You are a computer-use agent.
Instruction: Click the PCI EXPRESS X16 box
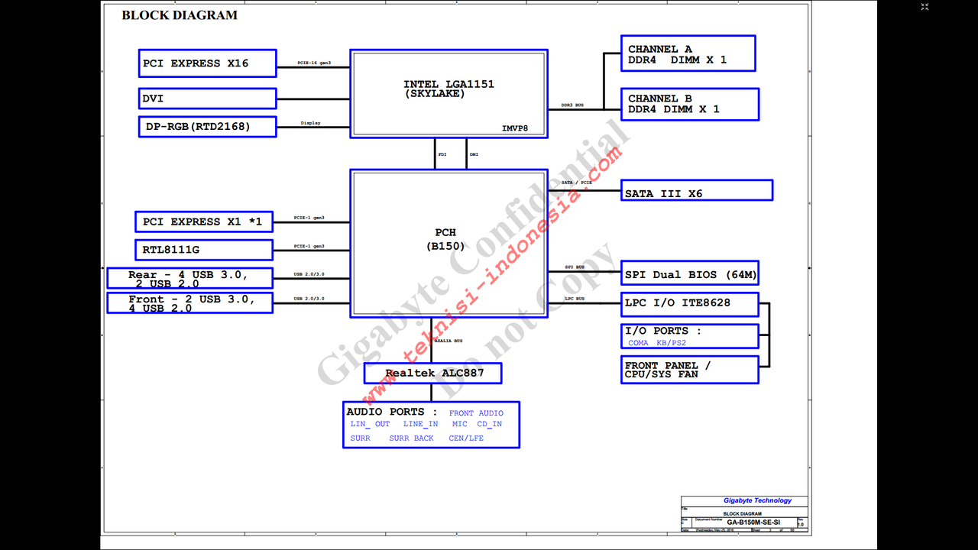[207, 63]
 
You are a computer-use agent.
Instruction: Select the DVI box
[207, 99]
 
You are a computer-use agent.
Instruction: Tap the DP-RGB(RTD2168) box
[207, 126]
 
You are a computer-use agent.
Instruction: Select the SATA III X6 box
[696, 191]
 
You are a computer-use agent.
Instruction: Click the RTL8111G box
[203, 250]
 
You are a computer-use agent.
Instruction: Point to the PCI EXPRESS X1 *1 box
[203, 222]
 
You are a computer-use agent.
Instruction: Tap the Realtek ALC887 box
[433, 374]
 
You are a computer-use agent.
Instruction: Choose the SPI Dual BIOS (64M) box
[690, 274]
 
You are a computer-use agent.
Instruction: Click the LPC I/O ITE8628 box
[690, 303]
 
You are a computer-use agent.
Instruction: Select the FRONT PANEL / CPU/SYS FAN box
[690, 370]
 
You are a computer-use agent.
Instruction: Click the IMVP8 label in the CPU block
[515, 128]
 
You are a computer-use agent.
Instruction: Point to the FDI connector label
[442, 154]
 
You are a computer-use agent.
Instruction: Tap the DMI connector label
[474, 154]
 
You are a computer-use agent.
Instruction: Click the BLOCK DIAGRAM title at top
[180, 15]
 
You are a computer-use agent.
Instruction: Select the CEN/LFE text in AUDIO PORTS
[466, 438]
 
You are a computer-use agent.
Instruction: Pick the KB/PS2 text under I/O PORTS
[671, 343]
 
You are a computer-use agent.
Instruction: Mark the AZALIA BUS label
[449, 340]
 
